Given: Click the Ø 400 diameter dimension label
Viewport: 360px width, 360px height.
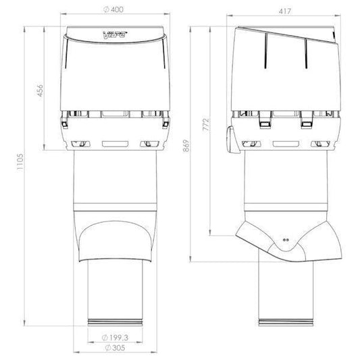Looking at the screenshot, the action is [113, 9].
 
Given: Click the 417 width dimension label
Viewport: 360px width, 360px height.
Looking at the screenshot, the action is [285, 11].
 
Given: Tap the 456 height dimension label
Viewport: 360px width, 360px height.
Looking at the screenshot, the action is [40, 91].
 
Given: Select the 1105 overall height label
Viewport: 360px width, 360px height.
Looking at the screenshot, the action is [20, 161].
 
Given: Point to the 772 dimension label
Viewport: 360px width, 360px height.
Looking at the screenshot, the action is [206, 124].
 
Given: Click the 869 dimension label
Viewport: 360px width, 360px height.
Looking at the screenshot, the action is [186, 146].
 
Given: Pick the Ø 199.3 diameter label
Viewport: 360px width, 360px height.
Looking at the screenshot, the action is [115, 338].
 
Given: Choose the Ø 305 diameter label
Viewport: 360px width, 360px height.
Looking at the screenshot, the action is [115, 348].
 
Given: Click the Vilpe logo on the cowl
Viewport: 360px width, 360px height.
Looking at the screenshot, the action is [115, 35].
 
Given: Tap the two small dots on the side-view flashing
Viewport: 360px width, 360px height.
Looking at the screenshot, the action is [286, 240].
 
